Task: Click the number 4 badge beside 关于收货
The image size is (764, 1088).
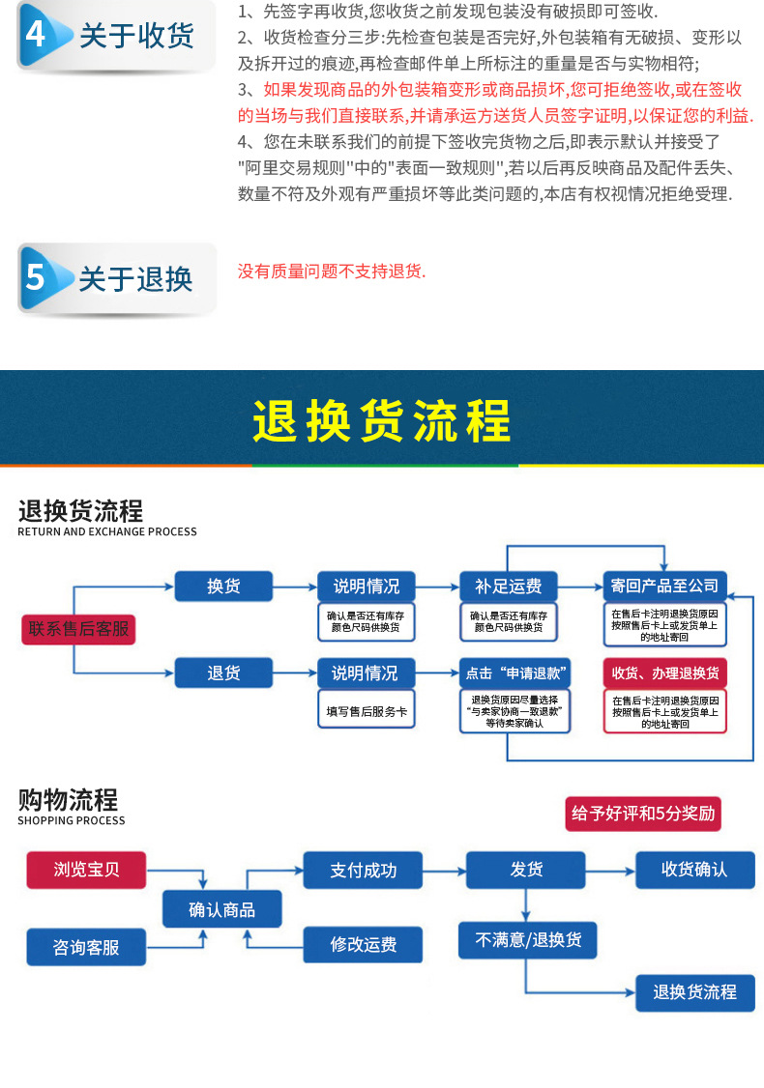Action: [x=36, y=36]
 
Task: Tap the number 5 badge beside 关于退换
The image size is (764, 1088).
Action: [x=36, y=278]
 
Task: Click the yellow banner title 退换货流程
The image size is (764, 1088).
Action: [x=382, y=421]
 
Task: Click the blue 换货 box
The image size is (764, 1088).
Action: [x=223, y=587]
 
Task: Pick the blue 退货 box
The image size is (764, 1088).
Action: [x=223, y=673]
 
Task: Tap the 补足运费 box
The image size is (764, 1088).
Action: [x=508, y=587]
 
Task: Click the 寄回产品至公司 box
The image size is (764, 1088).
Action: [x=664, y=587]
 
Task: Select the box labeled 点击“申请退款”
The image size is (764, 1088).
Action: [x=514, y=673]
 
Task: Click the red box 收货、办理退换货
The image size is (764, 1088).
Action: [x=664, y=673]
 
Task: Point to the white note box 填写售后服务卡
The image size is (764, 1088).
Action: [x=366, y=713]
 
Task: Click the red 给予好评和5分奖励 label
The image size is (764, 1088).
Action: [x=643, y=814]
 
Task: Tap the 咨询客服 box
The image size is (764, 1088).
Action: [x=86, y=947]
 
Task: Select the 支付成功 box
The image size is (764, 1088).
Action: [x=363, y=870]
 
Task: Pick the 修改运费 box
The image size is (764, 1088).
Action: [x=363, y=944]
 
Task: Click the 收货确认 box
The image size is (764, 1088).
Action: [x=694, y=870]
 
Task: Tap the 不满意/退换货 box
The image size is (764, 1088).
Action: [x=527, y=939]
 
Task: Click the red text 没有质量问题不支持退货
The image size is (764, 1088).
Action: [x=332, y=272]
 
